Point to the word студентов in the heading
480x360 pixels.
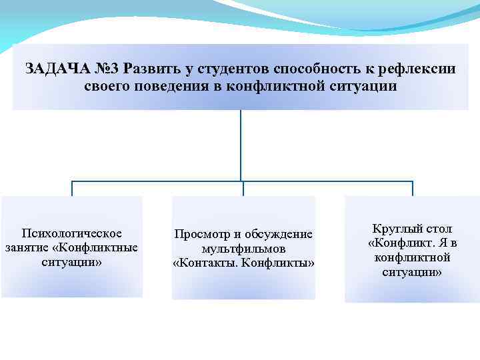click(225, 69)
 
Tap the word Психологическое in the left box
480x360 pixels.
click(72, 233)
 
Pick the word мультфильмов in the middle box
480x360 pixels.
click(243, 249)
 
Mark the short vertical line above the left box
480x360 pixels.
click(72, 188)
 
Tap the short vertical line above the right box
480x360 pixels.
click(412, 188)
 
